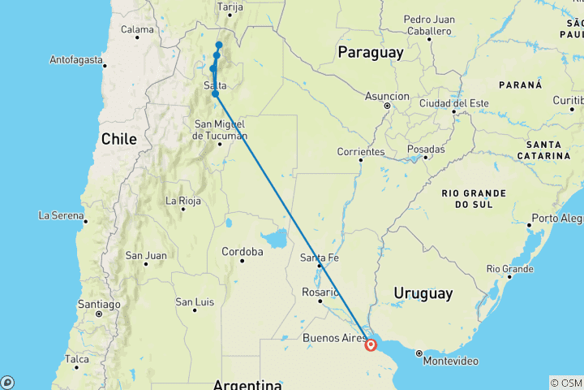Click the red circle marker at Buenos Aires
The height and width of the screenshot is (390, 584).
[x=371, y=344]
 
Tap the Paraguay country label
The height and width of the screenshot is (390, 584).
[x=370, y=53]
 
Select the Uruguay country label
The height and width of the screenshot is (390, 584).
[x=423, y=292]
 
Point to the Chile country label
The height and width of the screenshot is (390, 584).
[x=119, y=139]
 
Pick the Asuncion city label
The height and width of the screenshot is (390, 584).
[x=387, y=96]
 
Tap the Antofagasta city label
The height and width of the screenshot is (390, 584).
[x=76, y=60]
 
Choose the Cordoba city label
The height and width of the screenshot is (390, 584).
[x=243, y=252]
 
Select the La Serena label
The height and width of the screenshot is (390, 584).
[x=62, y=215]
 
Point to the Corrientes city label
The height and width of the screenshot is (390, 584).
[x=361, y=151]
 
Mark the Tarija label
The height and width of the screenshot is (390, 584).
[x=230, y=6]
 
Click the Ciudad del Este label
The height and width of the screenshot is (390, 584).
[x=453, y=103]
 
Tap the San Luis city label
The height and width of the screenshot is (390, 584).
[x=195, y=302]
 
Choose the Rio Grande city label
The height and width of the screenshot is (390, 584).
[x=509, y=268]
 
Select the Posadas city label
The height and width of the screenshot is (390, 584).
[x=426, y=149]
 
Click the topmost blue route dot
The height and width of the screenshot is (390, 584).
[x=219, y=45]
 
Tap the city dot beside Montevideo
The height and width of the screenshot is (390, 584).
[x=419, y=353]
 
